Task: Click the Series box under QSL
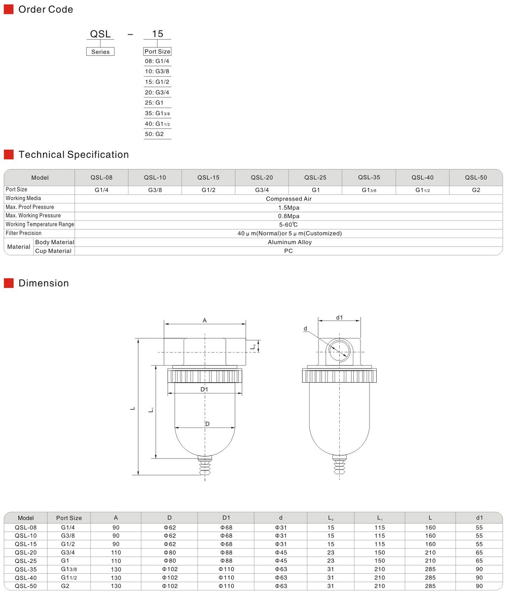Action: point(100,52)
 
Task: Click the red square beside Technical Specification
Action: point(9,155)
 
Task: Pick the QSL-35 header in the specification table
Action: point(369,178)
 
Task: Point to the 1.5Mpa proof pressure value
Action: point(288,208)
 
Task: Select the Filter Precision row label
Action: point(24,234)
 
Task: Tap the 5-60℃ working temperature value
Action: point(288,225)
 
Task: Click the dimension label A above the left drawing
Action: point(205,320)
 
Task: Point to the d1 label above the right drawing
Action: point(340,318)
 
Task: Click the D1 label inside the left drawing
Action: point(204,389)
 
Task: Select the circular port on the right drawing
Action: point(339,351)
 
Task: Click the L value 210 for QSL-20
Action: point(430,552)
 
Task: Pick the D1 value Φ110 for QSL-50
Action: point(226,586)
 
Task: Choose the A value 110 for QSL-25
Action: point(116,560)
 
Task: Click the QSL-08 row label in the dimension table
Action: point(26,527)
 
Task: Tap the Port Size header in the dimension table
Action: point(69,518)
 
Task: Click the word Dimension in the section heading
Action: point(44,283)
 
